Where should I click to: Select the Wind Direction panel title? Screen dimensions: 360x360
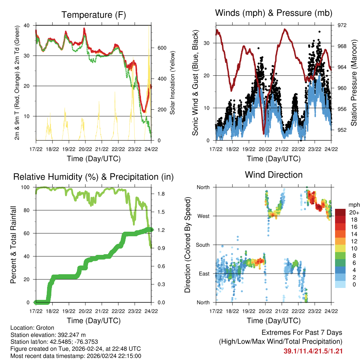coord(274,174)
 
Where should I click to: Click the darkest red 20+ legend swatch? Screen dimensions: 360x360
coord(340,212)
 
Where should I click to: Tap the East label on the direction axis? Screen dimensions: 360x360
coord(204,274)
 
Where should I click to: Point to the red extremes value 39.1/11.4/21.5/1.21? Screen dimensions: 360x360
coord(313,351)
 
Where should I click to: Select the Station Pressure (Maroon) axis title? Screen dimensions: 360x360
coord(354,83)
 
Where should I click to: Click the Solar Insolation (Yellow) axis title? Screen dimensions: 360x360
coord(173,83)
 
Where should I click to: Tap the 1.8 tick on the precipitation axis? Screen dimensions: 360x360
coord(161,194)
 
